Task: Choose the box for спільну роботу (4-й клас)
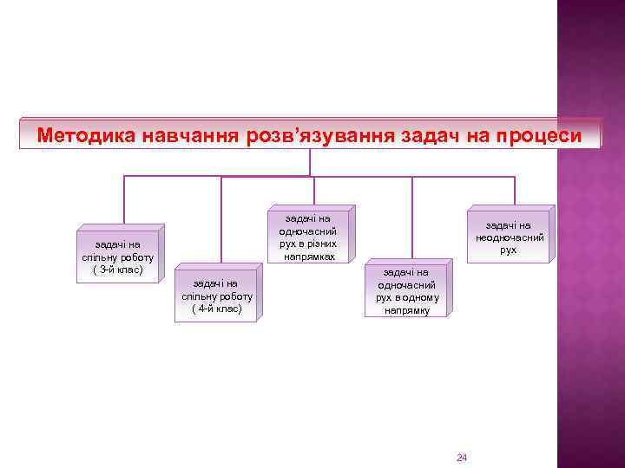point(216,296)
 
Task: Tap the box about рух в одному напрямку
point(407,290)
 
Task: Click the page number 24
point(462,457)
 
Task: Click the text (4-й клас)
point(216,309)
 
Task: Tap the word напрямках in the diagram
point(308,257)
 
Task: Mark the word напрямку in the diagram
point(407,310)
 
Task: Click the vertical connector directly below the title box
point(310,162)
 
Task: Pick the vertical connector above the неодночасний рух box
point(514,191)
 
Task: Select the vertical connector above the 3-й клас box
point(124,203)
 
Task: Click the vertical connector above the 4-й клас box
point(221,221)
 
